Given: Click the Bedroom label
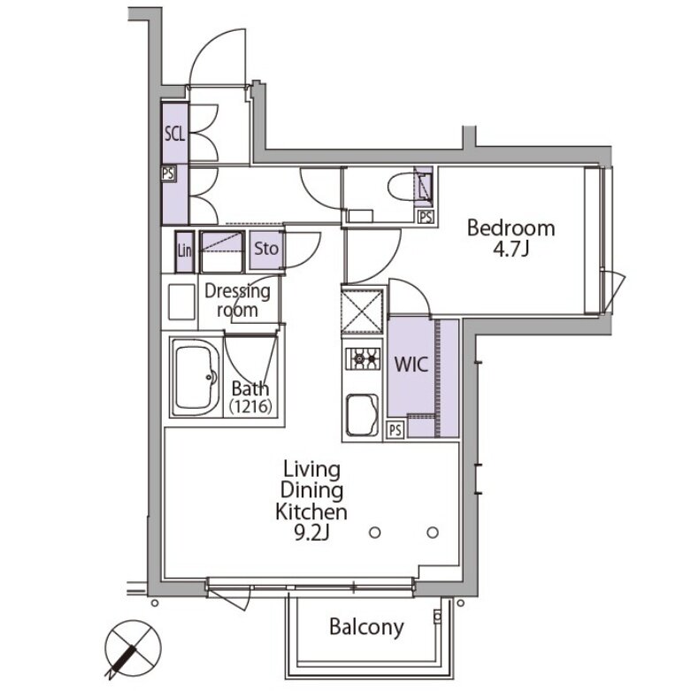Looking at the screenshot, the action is click(x=511, y=228).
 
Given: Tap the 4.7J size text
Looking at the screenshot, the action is click(x=511, y=250).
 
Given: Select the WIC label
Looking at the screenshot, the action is click(x=411, y=365).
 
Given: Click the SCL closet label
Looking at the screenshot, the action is click(x=174, y=133).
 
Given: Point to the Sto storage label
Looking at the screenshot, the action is click(x=265, y=249).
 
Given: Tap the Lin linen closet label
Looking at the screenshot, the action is click(x=185, y=250).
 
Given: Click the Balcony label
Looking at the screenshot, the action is click(x=366, y=627).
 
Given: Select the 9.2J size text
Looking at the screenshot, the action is click(x=311, y=534).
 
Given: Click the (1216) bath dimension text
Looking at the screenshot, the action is click(x=250, y=405).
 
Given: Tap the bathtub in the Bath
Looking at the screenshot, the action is click(x=196, y=377).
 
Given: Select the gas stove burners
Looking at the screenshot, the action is click(x=362, y=357).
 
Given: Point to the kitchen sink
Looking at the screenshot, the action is click(x=362, y=415).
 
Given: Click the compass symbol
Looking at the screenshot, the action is click(x=132, y=648).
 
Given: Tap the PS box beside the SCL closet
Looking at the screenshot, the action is click(x=167, y=173).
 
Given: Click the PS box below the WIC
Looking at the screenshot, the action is click(x=395, y=430).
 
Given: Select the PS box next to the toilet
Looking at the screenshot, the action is click(x=426, y=217).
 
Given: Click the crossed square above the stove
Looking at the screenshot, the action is click(x=362, y=311).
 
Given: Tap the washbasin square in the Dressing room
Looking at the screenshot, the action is click(x=181, y=302).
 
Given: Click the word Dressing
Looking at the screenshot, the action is click(x=237, y=291).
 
